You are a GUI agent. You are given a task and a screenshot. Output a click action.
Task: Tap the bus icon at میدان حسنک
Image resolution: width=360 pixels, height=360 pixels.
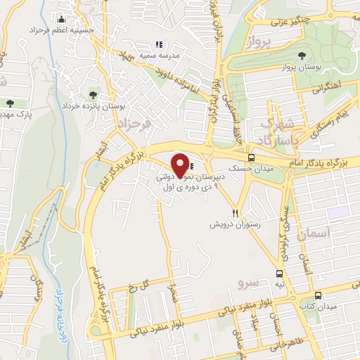click(252, 157)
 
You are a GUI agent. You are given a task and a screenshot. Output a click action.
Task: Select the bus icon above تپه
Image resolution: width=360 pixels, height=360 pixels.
click(280, 274)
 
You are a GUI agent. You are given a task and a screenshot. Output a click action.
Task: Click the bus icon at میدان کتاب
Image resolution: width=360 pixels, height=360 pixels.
click(318, 295)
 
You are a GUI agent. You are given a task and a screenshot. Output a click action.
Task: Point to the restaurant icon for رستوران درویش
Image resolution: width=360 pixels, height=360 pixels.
click(236, 213)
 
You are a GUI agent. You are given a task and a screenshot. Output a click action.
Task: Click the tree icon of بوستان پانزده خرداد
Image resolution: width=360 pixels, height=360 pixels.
click(93, 94)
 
